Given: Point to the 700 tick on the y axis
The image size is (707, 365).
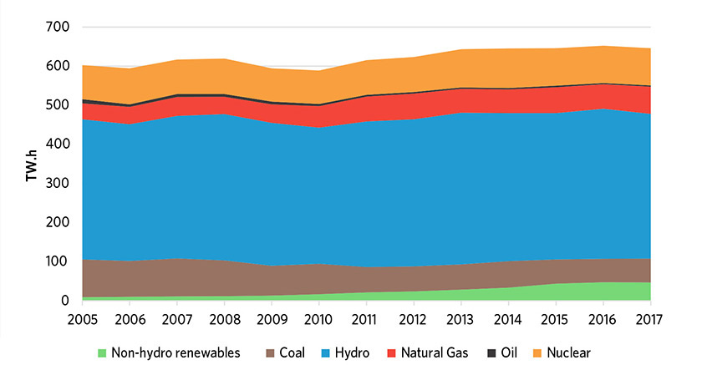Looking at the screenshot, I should point(58,28).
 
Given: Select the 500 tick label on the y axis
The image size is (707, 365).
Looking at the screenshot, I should point(58,105).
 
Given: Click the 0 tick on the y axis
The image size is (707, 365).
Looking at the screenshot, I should point(64,301).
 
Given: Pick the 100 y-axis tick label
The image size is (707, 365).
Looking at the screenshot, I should point(58,261).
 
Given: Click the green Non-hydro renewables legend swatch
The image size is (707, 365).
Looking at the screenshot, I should point(102,352).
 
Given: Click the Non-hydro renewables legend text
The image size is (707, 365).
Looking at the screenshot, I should point(175,352).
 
